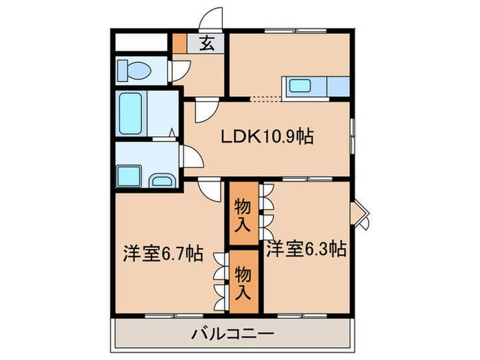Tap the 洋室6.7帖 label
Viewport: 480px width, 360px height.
(x=163, y=253)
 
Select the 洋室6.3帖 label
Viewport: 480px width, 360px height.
(x=306, y=248)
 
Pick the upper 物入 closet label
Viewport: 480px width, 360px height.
(x=243, y=213)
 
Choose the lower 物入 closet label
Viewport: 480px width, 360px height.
(x=243, y=282)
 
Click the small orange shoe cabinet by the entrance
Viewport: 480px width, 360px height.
(x=179, y=44)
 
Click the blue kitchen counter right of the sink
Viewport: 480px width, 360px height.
(x=339, y=88)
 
